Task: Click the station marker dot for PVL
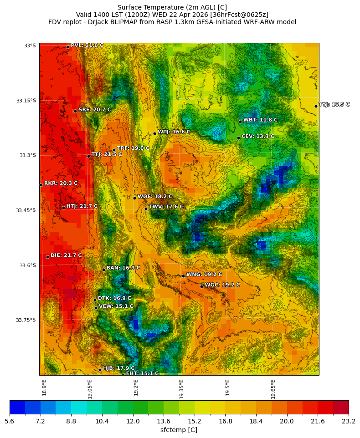click(x=67, y=47)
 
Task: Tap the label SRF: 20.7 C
click(x=94, y=110)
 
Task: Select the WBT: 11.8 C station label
click(x=260, y=120)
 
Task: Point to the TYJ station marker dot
click(x=316, y=106)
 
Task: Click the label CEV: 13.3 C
click(x=257, y=136)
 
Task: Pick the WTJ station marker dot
click(x=154, y=133)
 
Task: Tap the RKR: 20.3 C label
click(x=61, y=183)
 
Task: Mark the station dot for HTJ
click(x=63, y=208)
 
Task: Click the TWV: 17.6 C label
click(x=166, y=207)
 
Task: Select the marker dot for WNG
click(x=183, y=276)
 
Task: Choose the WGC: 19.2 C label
click(x=222, y=285)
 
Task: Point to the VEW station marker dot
click(x=96, y=308)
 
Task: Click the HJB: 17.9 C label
click(x=118, y=368)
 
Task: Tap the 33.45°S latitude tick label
click(x=26, y=210)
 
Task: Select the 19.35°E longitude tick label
click(x=181, y=389)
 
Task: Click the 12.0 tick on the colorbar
click(x=133, y=422)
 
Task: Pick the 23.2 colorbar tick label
click(x=349, y=422)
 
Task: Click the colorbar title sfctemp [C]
click(x=179, y=430)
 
